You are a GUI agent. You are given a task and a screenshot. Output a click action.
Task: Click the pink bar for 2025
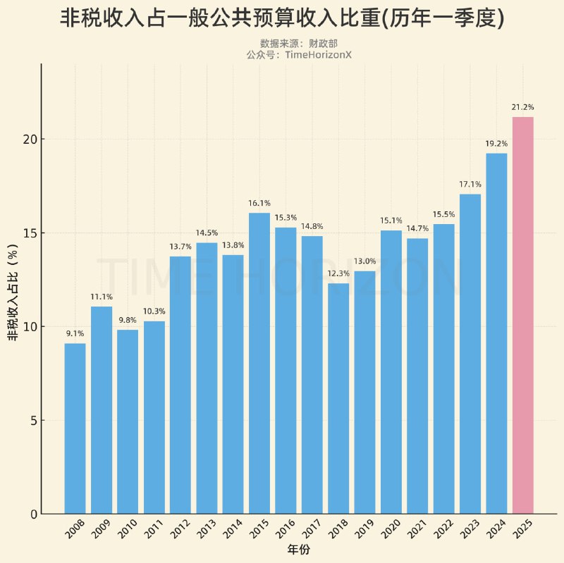522,315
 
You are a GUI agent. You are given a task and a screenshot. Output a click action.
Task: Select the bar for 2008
75,428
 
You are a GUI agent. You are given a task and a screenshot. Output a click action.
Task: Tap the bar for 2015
259,363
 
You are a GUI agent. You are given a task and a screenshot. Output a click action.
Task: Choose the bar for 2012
180,385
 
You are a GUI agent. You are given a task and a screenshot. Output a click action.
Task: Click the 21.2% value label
522,107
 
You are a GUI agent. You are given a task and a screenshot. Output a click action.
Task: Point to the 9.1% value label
75,333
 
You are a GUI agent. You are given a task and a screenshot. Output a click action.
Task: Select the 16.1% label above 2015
259,203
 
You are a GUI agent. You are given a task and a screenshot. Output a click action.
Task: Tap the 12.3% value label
338,273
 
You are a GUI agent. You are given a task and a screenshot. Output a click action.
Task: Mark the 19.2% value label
496,143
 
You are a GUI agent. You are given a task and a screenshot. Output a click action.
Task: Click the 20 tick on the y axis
29,140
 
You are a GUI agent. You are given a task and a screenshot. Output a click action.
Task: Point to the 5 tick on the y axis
33,421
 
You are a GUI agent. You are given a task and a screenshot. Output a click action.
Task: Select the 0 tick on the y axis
33,514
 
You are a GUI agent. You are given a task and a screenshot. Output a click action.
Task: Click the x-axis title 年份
298,549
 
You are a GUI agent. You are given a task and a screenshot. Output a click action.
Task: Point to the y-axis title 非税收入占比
13,297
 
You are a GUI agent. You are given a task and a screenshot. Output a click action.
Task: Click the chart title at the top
282,18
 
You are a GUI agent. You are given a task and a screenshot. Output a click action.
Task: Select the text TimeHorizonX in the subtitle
318,54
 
